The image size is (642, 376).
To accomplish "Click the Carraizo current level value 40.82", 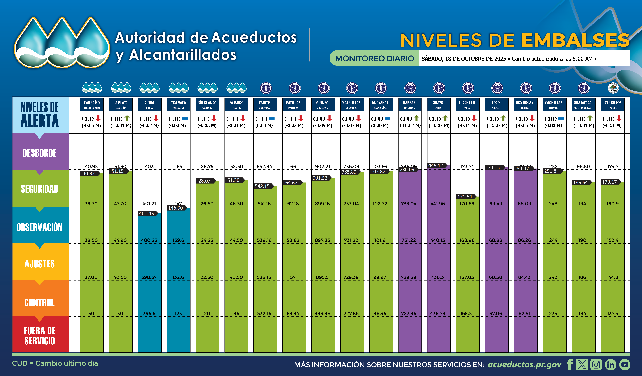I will [89, 174].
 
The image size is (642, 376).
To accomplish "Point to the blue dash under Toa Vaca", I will [185, 118].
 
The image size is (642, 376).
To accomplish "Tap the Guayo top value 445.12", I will [436, 166].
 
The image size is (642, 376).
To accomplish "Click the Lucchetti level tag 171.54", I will [465, 197].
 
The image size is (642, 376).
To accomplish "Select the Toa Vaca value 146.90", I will [176, 208].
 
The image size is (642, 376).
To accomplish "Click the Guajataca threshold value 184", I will [582, 313].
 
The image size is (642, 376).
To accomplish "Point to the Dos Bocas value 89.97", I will [523, 169].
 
